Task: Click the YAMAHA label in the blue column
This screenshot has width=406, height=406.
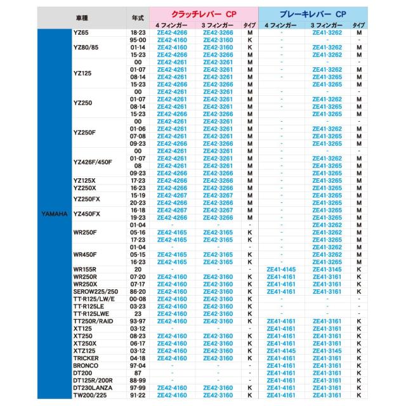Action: (55, 214)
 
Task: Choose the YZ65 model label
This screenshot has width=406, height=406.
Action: (81, 32)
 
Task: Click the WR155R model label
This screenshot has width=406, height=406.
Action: (85, 270)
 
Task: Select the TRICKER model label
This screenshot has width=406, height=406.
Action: (86, 358)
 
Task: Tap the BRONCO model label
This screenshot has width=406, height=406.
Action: (85, 365)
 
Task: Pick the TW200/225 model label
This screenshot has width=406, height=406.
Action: (90, 395)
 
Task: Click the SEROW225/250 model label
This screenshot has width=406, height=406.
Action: (96, 292)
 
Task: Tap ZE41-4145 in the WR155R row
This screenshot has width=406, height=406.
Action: (282, 270)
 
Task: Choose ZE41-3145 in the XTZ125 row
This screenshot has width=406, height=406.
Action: (327, 350)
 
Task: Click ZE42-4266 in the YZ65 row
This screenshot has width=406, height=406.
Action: (172, 32)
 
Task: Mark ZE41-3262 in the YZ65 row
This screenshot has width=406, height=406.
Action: (327, 32)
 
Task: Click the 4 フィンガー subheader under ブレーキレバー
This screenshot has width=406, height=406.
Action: (282, 23)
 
